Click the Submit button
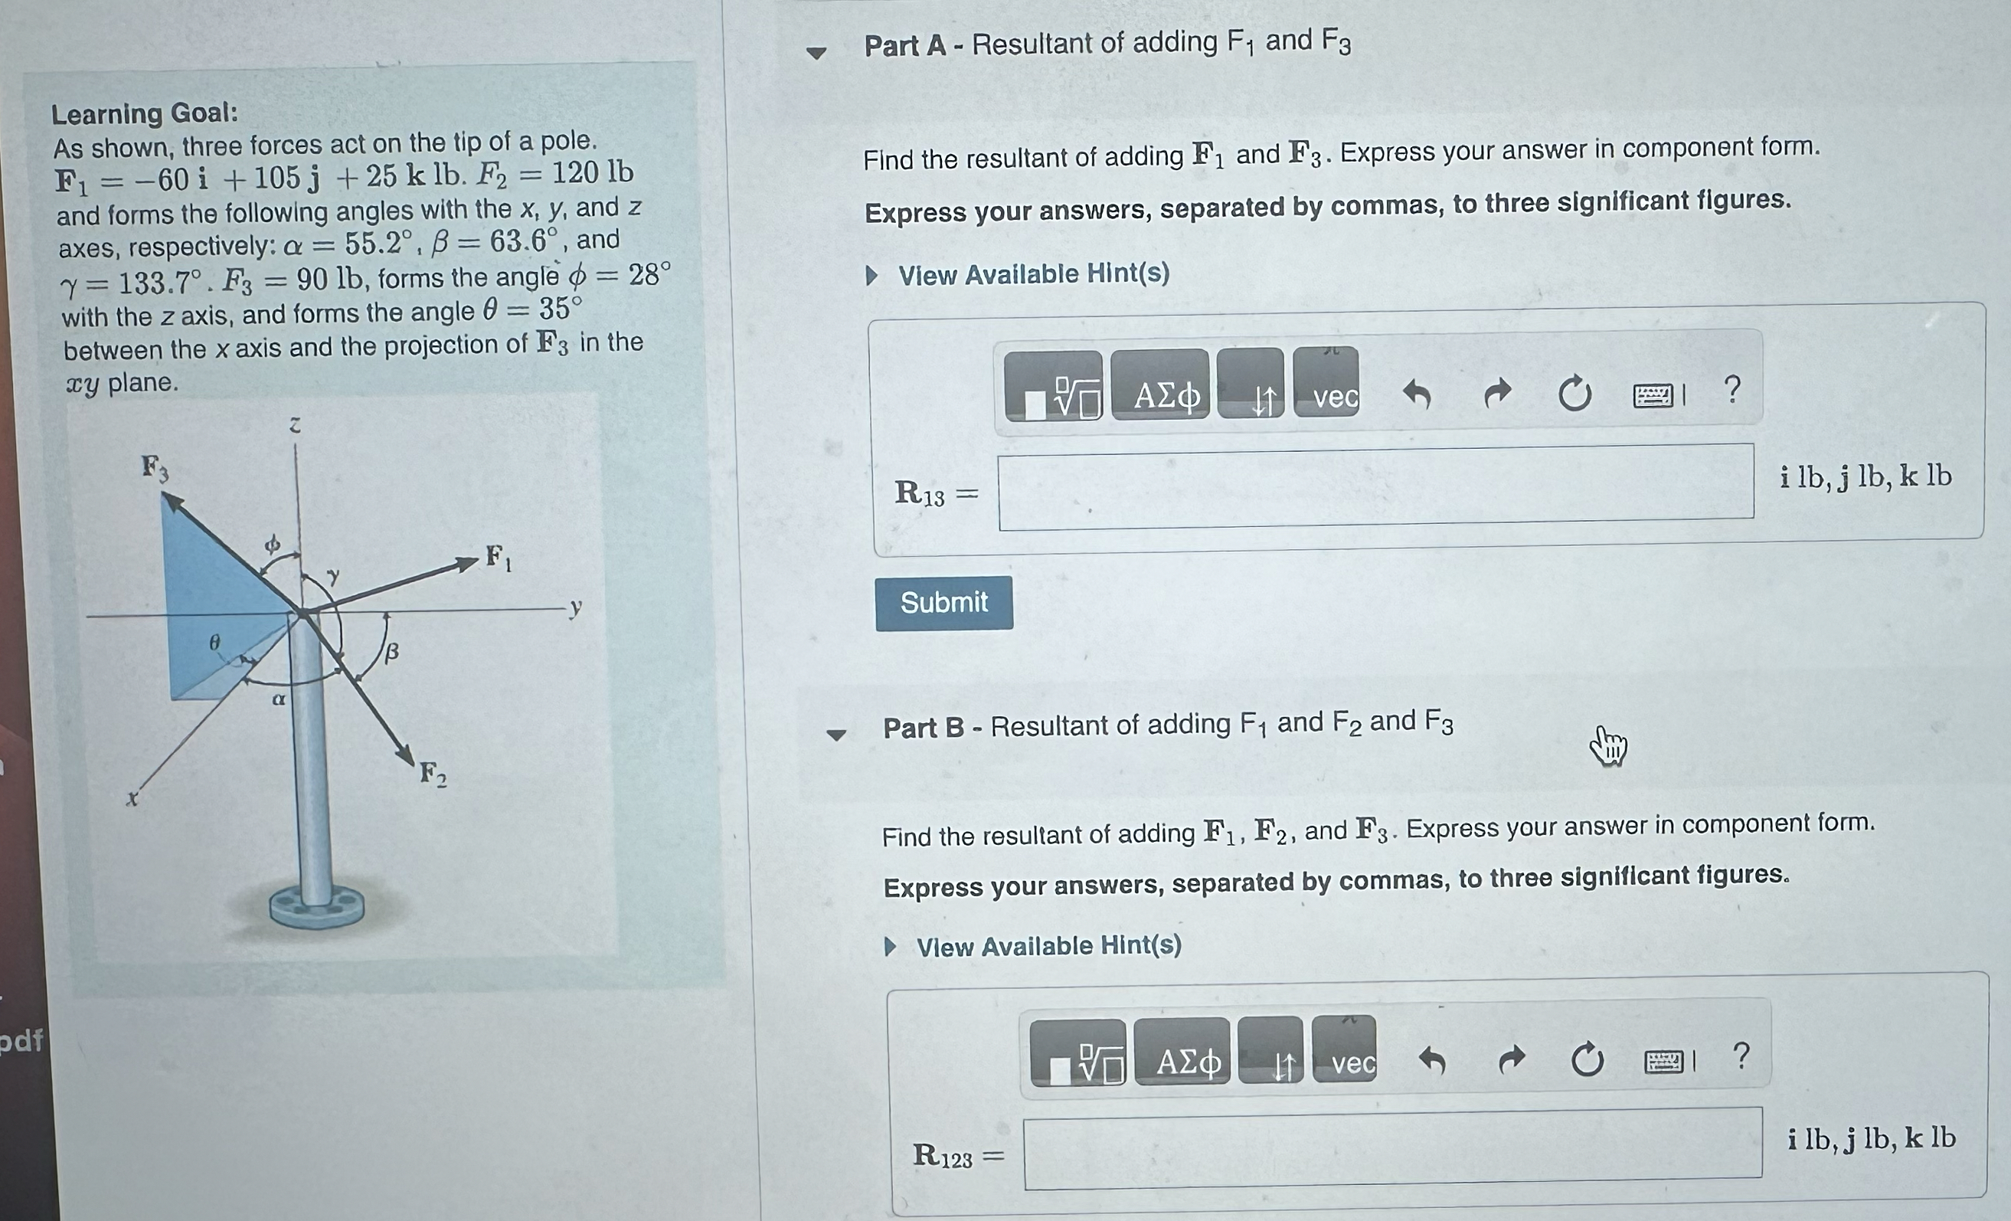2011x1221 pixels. pyautogui.click(x=943, y=603)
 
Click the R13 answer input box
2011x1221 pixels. pyautogui.click(x=1375, y=487)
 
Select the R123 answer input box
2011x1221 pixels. pyautogui.click(x=1392, y=1148)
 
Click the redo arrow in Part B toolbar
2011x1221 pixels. pyautogui.click(x=1511, y=1059)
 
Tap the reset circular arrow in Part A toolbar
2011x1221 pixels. pyautogui.click(x=1574, y=394)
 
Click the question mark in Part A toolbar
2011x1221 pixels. pyautogui.click(x=1733, y=389)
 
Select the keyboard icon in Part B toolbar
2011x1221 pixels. pyautogui.click(x=1663, y=1060)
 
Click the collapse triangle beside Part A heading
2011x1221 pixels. pyautogui.click(x=816, y=53)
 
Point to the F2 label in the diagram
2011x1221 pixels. pyautogui.click(x=433, y=774)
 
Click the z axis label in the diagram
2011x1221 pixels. pyautogui.click(x=296, y=424)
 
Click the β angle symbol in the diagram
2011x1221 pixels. pyautogui.click(x=392, y=651)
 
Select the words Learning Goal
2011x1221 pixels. pyautogui.click(x=145, y=113)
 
